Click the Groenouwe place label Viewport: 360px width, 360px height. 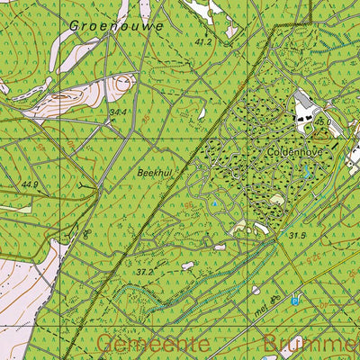pos(116,26)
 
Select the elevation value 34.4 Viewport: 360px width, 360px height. pos(118,112)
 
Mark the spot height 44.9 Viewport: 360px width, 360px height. pos(31,185)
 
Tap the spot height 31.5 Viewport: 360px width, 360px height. pos(298,236)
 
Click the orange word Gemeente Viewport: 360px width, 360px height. pos(152,345)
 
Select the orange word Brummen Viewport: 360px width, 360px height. pos(311,345)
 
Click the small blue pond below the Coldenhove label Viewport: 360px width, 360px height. pos(307,168)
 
